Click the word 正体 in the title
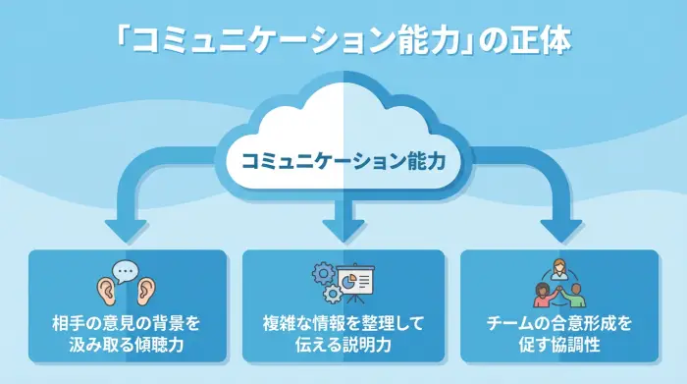[x=549, y=41]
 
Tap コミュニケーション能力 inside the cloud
[x=343, y=157]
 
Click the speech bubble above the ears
[x=125, y=268]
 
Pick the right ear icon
[x=147, y=290]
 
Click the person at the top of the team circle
[x=558, y=266]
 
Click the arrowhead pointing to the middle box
[x=343, y=231]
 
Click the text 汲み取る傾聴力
[x=127, y=345]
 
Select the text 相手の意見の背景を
[x=127, y=323]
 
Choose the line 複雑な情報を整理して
[x=343, y=323]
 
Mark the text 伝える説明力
[x=343, y=345]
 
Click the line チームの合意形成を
[x=558, y=323]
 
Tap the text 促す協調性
[x=558, y=345]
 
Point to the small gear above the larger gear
[x=321, y=268]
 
